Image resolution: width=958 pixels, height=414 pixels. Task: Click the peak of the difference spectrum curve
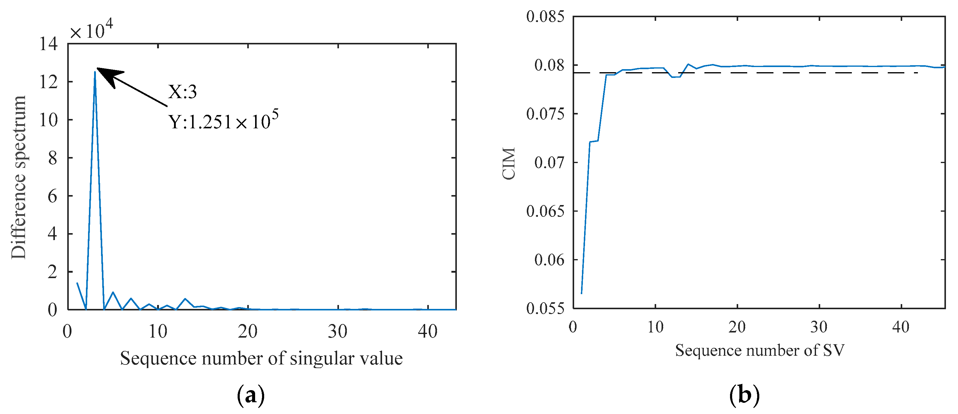click(x=95, y=72)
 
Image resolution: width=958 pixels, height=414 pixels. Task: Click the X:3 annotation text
click(x=182, y=91)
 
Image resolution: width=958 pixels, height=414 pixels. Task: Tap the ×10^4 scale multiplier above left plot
click(x=91, y=30)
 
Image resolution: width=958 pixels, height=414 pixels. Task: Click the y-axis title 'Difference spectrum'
click(x=19, y=177)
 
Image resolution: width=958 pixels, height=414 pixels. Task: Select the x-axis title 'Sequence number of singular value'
click(x=261, y=358)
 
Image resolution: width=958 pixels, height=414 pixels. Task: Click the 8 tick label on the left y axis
click(x=52, y=158)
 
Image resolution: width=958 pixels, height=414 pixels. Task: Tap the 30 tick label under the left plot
click(x=338, y=331)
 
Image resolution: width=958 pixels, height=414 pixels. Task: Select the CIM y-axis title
click(x=509, y=163)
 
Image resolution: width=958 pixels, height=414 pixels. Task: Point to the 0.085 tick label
click(x=545, y=17)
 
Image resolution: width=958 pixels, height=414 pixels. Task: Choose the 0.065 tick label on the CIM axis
click(x=545, y=211)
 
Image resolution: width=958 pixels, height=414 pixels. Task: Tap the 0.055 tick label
click(x=545, y=309)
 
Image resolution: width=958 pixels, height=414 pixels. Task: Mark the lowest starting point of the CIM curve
click(x=582, y=294)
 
